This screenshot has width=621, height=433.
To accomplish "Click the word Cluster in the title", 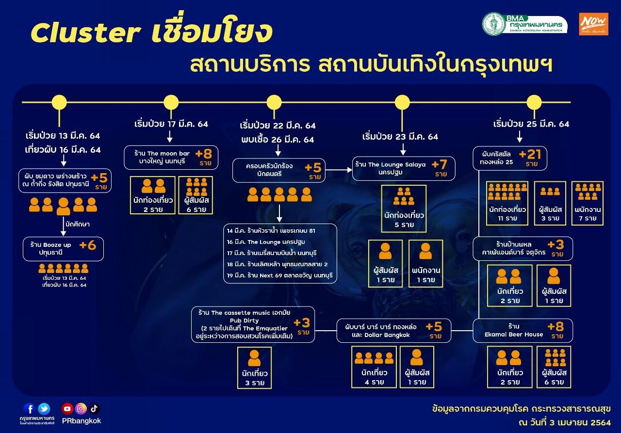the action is [85, 32].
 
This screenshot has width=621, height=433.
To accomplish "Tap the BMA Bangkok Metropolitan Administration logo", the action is [525, 24].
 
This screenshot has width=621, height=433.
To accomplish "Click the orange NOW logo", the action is [593, 24].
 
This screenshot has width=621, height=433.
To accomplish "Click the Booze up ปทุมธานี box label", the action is [51, 248].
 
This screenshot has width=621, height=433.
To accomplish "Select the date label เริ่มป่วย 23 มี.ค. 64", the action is [400, 137].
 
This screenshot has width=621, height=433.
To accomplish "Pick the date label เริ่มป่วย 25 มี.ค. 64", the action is [531, 124].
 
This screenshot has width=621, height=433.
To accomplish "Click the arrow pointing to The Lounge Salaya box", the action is [339, 170].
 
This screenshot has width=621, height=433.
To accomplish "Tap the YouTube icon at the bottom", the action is [67, 409].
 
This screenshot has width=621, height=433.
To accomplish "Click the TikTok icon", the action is [94, 409].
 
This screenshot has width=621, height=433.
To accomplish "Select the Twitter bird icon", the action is [44, 409].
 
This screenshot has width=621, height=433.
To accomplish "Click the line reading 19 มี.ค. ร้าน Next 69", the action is [280, 275].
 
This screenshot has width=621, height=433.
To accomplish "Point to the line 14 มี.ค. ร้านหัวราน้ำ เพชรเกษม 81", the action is [271, 230].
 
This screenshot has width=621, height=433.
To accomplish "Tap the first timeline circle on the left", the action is [59, 102].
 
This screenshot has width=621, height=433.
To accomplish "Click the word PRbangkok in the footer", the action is [81, 421].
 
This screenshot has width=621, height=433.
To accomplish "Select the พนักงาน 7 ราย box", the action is [588, 203].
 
